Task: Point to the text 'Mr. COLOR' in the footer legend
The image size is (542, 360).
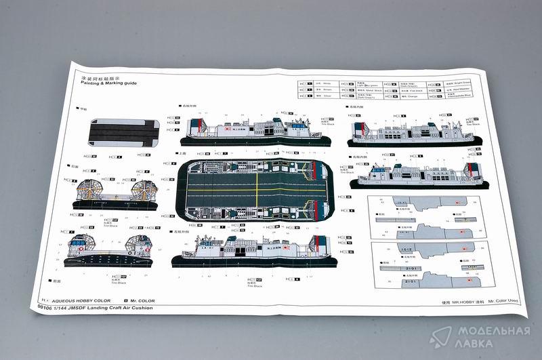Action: click(x=140, y=300)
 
